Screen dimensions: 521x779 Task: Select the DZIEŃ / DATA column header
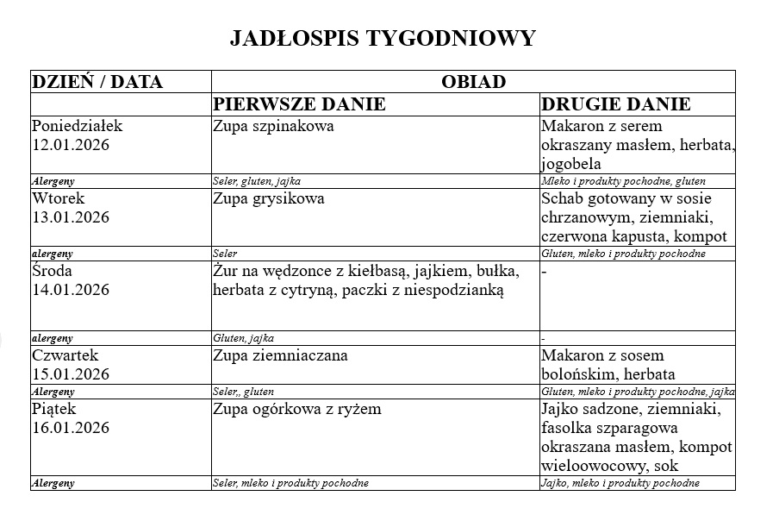click(x=97, y=82)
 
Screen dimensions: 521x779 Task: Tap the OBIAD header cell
click(x=472, y=82)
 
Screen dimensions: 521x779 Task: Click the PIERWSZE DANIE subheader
click(x=299, y=104)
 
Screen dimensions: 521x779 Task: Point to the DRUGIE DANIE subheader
click(x=615, y=104)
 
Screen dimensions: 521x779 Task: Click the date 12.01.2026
click(x=71, y=144)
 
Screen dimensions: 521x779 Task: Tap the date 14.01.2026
click(x=71, y=289)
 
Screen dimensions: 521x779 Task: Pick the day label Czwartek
click(x=65, y=355)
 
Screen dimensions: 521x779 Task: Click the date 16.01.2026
click(x=71, y=427)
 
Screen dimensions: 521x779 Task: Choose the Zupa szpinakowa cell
click(x=273, y=126)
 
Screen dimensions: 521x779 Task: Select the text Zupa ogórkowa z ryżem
click(x=296, y=409)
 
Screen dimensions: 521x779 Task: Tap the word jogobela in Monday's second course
click(x=571, y=164)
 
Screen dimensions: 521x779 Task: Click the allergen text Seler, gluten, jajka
click(x=256, y=181)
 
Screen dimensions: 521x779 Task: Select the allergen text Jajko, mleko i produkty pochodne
click(x=620, y=483)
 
